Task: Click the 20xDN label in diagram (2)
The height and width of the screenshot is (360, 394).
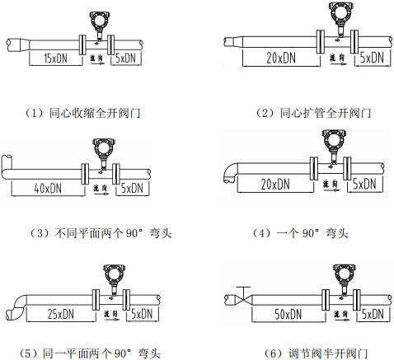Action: click(280, 58)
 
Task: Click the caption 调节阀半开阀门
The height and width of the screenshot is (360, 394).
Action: click(309, 353)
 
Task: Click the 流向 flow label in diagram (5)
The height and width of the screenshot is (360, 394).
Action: click(111, 315)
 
